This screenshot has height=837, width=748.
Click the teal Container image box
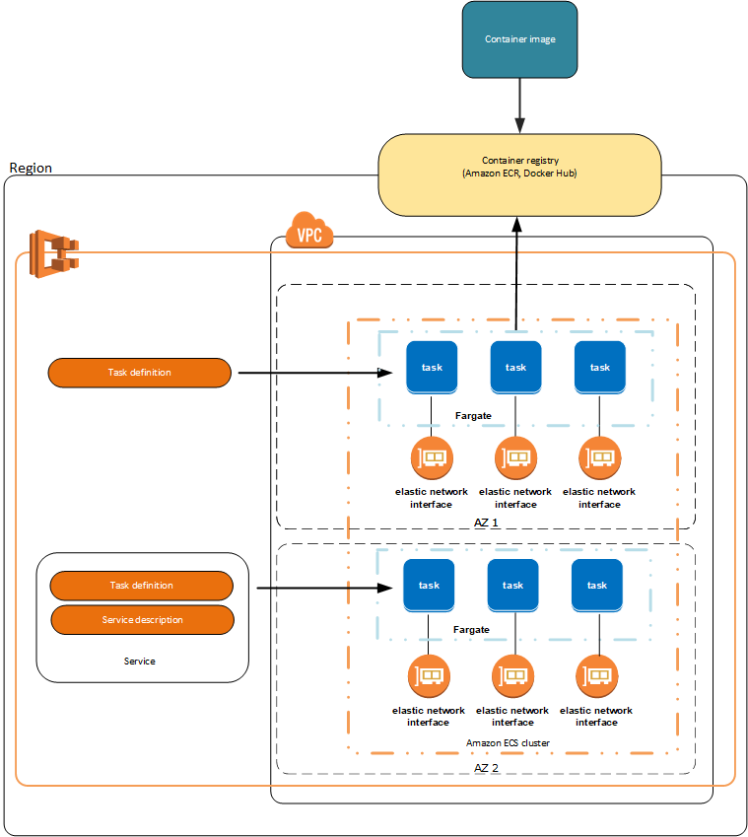point(519,39)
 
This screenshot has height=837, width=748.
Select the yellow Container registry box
point(520,174)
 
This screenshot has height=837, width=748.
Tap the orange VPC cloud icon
point(309,234)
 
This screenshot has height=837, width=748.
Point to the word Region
point(31,168)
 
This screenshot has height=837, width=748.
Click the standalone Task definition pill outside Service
point(139,373)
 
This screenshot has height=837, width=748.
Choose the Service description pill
point(142,620)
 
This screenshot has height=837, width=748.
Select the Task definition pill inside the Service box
point(141,586)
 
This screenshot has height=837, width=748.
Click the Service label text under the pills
point(139,662)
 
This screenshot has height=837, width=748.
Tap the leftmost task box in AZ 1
point(432,367)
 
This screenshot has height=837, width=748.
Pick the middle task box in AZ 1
point(515,367)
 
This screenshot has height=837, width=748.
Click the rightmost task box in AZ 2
point(596,585)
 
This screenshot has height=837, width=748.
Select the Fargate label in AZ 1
point(473,416)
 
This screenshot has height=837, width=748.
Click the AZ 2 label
point(487,766)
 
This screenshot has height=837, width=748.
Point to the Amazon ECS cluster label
point(508,742)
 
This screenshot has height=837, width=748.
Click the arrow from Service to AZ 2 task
point(325,590)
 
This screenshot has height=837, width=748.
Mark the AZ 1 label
point(487,522)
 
